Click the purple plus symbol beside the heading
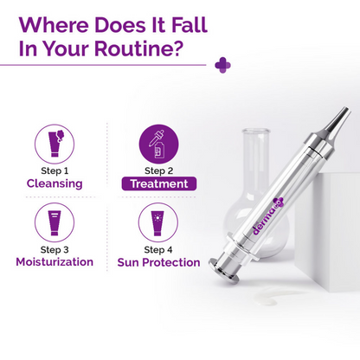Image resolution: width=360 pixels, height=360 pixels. (222, 64)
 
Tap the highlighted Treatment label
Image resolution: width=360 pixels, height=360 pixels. (158, 183)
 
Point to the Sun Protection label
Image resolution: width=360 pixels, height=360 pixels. (158, 261)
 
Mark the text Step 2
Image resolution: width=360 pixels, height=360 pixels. (158, 171)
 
